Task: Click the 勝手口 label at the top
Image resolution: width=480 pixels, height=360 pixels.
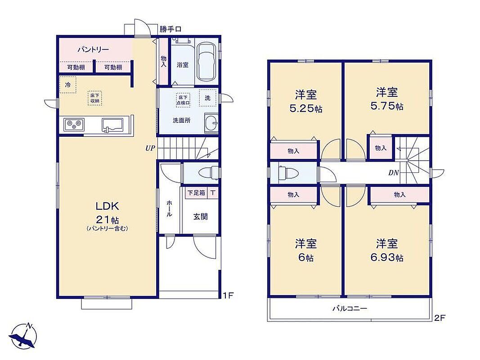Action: point(170,29)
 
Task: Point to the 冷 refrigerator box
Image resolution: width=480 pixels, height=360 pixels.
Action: point(68,84)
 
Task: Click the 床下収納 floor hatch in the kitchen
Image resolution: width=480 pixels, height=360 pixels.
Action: point(94,98)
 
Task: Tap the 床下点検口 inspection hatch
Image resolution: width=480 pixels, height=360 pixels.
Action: point(183,100)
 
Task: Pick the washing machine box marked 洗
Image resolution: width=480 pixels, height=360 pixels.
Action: point(207,98)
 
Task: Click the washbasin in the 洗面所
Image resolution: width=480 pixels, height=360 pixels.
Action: point(211,123)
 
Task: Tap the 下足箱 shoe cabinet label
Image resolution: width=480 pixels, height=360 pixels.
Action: point(196,193)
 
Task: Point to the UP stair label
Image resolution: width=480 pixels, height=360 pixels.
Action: point(150,148)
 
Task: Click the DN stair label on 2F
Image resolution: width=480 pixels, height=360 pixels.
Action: point(393,173)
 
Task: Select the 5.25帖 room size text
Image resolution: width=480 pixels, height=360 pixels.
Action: point(306,108)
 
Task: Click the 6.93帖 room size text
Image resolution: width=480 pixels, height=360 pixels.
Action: point(387,258)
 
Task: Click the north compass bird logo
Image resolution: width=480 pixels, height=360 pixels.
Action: point(24,336)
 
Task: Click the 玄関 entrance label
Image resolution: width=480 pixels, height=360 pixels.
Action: point(201,217)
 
